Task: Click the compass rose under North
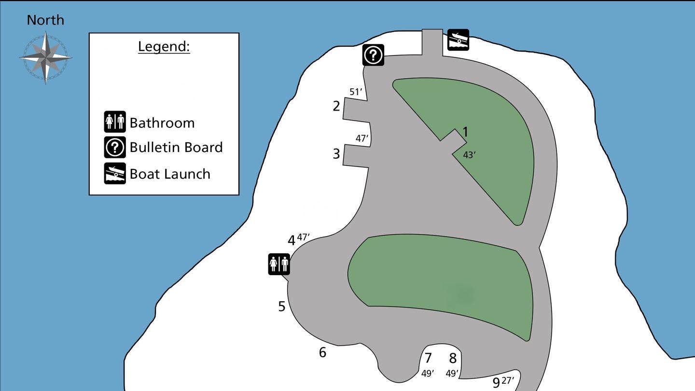[x=46, y=58]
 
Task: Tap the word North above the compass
[x=45, y=20]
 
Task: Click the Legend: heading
[x=164, y=46]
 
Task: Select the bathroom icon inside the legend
[x=115, y=122]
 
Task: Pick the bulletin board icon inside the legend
[x=115, y=147]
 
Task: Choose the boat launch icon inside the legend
[x=115, y=173]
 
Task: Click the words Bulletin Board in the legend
[x=176, y=147]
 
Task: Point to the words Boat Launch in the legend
[x=170, y=174]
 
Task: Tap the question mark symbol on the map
[x=373, y=55]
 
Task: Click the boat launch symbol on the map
[x=459, y=40]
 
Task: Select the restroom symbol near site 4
[x=279, y=265]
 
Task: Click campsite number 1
[x=465, y=132]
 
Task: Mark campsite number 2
[x=336, y=106]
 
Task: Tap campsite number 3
[x=336, y=154]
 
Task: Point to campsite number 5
[x=282, y=306]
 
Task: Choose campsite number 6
[x=323, y=352]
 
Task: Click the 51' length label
[x=356, y=92]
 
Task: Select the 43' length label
[x=470, y=155]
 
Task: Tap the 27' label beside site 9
[x=508, y=380]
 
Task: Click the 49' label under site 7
[x=428, y=374]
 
